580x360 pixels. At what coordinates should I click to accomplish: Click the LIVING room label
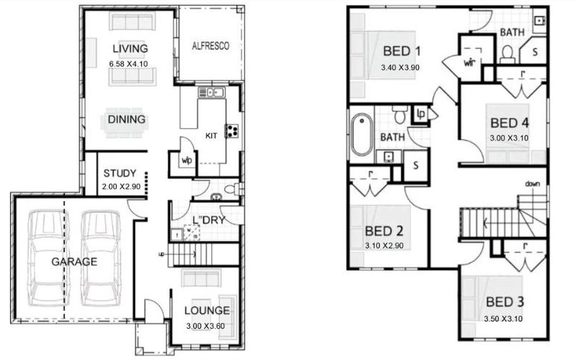click(x=130, y=49)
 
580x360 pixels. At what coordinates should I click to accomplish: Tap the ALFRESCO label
click(x=211, y=46)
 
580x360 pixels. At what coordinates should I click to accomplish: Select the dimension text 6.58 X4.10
click(x=128, y=64)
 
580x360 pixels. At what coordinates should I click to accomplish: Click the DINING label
click(x=127, y=120)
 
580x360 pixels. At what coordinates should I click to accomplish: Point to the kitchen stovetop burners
click(x=232, y=131)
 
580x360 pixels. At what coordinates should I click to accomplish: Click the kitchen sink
click(x=211, y=93)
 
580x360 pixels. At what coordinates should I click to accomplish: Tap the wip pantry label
click(x=187, y=160)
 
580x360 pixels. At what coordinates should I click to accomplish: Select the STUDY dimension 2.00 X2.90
click(x=122, y=187)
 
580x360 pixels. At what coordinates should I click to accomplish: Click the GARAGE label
click(x=74, y=262)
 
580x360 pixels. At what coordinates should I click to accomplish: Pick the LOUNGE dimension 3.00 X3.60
click(x=205, y=326)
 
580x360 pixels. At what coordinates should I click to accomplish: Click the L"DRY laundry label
click(x=209, y=220)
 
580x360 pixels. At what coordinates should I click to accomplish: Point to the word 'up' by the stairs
click(x=161, y=254)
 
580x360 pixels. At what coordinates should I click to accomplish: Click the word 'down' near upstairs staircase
click(x=533, y=184)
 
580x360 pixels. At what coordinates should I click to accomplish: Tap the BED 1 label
click(x=401, y=51)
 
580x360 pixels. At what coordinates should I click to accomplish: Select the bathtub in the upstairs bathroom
click(x=361, y=134)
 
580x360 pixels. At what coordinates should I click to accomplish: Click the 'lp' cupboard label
click(x=421, y=113)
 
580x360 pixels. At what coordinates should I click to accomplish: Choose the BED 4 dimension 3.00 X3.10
click(x=509, y=138)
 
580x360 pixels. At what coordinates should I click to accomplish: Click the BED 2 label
click(x=384, y=232)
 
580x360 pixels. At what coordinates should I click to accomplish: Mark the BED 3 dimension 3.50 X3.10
click(x=503, y=318)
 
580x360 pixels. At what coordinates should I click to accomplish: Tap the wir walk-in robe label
click(x=469, y=63)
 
